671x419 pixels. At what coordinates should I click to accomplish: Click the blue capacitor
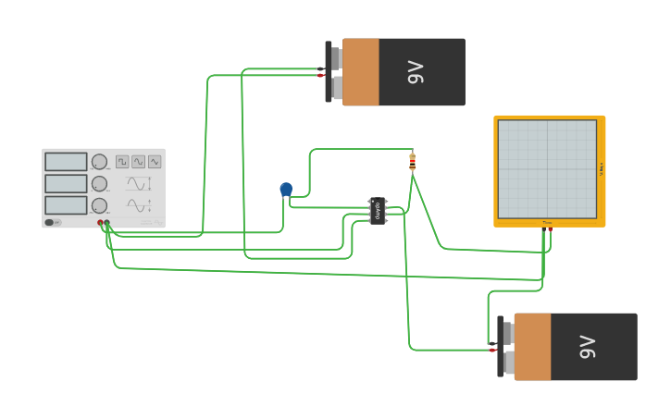point(286,189)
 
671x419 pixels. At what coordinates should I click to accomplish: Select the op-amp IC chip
point(378,210)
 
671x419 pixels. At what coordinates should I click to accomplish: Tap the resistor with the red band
point(412,163)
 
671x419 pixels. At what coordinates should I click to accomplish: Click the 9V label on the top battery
point(416,72)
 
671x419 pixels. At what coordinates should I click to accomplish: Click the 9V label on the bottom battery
point(588,347)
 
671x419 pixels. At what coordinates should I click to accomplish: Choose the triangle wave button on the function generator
point(138,162)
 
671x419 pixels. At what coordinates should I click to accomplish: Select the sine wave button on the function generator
point(155,162)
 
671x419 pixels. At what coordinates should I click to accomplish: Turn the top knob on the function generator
point(99,162)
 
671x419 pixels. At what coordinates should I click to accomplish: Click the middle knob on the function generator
point(99,183)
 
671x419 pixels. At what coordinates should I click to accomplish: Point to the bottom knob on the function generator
point(99,204)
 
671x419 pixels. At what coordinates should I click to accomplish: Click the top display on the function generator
point(66,162)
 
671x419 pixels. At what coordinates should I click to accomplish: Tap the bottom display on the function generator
point(66,204)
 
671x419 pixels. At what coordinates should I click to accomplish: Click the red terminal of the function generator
point(101,223)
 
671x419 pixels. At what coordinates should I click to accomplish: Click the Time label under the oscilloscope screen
point(547,222)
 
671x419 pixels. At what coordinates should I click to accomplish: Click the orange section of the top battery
point(361,72)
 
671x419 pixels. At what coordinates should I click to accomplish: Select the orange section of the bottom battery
point(532,347)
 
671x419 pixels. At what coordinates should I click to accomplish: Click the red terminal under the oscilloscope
point(550,228)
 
